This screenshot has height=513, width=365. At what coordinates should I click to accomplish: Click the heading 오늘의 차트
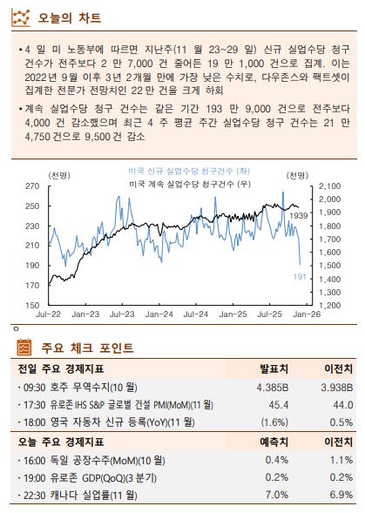tap(72, 17)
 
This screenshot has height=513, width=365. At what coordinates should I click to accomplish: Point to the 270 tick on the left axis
tap(31, 186)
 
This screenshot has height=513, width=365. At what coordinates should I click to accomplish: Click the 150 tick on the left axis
tap(31, 306)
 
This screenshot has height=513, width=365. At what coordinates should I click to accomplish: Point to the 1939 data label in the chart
tap(298, 214)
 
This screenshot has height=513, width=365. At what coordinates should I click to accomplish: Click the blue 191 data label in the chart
tap(299, 276)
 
